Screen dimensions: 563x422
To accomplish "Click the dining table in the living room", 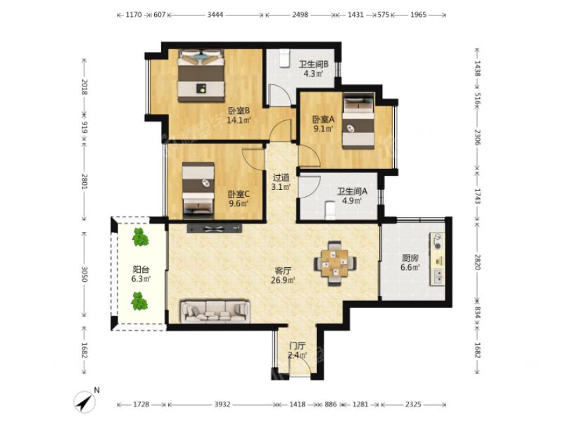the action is [x=335, y=263].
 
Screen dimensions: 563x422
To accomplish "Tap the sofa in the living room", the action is [x=215, y=312].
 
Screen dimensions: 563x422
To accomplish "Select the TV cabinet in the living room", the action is [x=215, y=229].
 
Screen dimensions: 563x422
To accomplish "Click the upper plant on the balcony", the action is [x=139, y=237].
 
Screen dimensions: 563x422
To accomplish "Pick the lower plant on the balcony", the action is [x=139, y=301].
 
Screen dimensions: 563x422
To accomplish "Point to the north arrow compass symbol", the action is [x=85, y=400].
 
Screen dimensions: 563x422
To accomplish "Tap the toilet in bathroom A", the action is [x=329, y=210].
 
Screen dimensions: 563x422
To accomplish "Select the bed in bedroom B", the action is [x=201, y=76].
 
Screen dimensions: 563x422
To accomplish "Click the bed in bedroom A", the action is [x=358, y=121].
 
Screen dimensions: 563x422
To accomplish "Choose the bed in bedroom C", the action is [x=198, y=190].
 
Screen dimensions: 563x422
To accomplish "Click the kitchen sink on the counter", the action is [x=438, y=276].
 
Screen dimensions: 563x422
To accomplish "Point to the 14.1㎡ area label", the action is [x=239, y=120].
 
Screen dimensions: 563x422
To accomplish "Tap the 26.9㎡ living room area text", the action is [x=283, y=280].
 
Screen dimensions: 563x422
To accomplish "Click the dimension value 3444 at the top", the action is [x=215, y=15].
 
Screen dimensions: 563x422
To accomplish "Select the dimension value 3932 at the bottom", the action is [x=222, y=404].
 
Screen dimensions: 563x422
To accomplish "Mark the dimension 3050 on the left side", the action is [x=84, y=274].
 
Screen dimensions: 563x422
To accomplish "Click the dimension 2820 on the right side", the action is [x=478, y=262].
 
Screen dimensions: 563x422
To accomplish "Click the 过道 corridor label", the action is [x=281, y=178].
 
